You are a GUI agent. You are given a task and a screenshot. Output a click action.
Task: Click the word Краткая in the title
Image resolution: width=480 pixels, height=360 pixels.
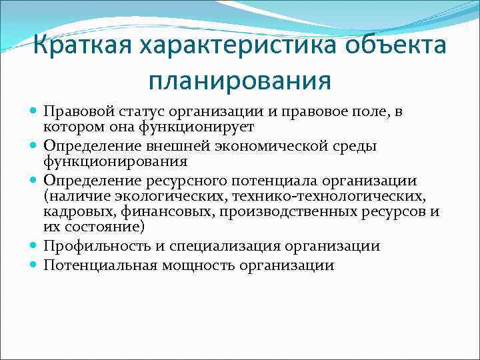coord(80,46)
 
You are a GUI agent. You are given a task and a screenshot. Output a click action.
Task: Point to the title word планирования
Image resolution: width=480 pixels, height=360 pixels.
coord(240,81)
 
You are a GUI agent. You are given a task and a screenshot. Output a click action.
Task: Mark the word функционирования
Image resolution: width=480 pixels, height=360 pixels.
coord(115,161)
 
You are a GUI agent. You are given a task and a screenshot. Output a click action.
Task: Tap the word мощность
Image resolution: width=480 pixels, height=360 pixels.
coord(191,265)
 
